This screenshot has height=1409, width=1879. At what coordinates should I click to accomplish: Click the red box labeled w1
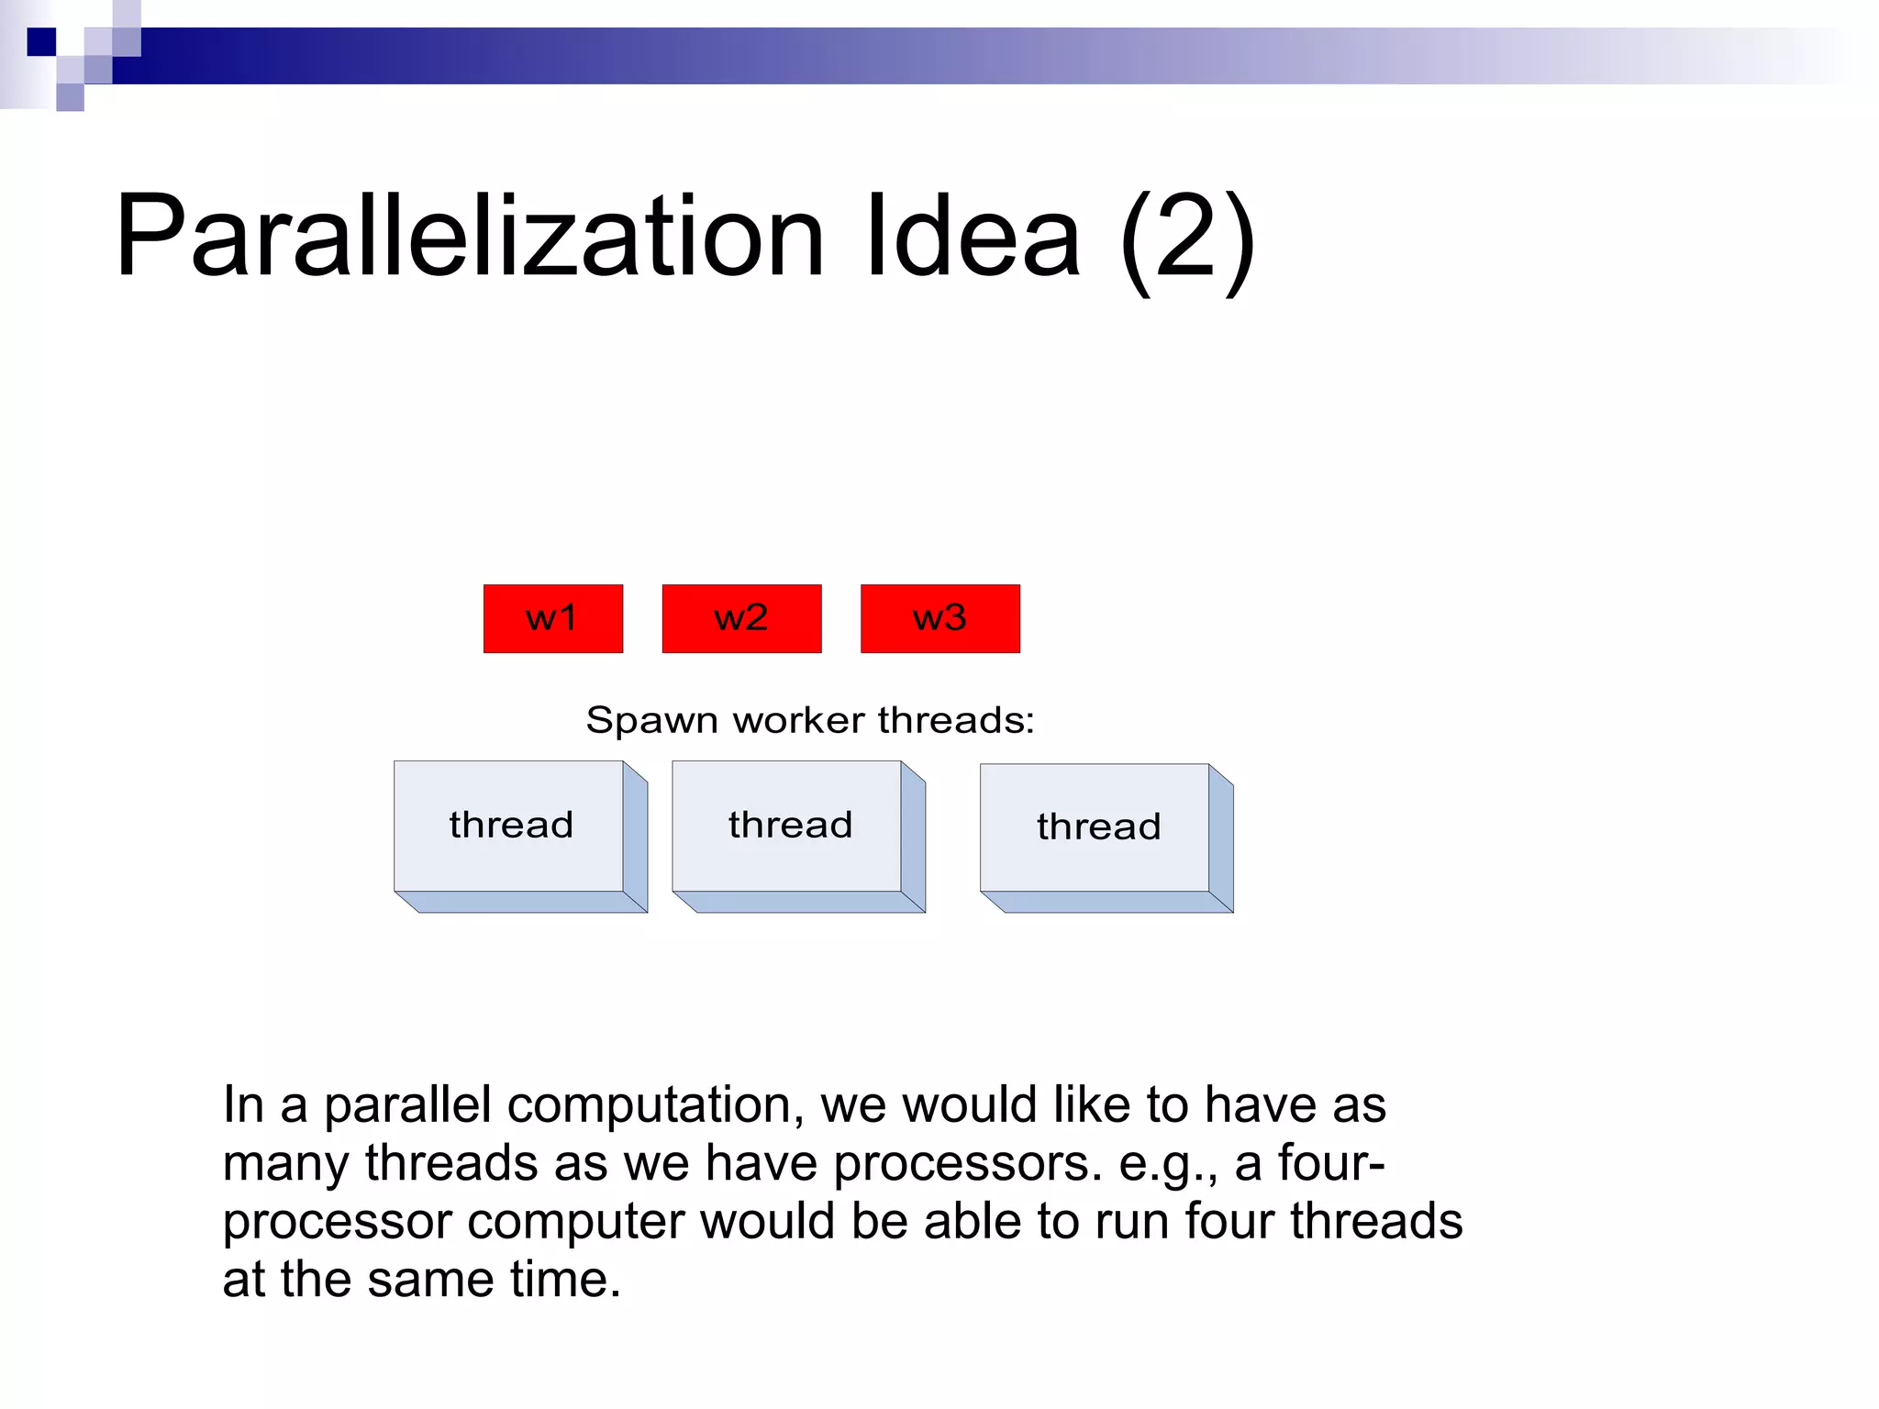552,618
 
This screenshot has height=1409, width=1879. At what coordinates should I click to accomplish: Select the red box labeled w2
741,618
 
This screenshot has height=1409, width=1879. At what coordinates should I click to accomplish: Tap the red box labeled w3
939,618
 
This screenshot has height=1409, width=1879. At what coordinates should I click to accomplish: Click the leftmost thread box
510,826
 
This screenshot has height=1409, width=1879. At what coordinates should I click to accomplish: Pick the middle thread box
789,826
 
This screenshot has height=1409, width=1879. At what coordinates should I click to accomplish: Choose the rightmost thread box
1097,827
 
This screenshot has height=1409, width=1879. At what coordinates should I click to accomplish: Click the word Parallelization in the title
468,237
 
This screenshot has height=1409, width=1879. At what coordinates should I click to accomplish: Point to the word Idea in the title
973,237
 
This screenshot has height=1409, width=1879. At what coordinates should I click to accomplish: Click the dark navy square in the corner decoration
41,42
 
